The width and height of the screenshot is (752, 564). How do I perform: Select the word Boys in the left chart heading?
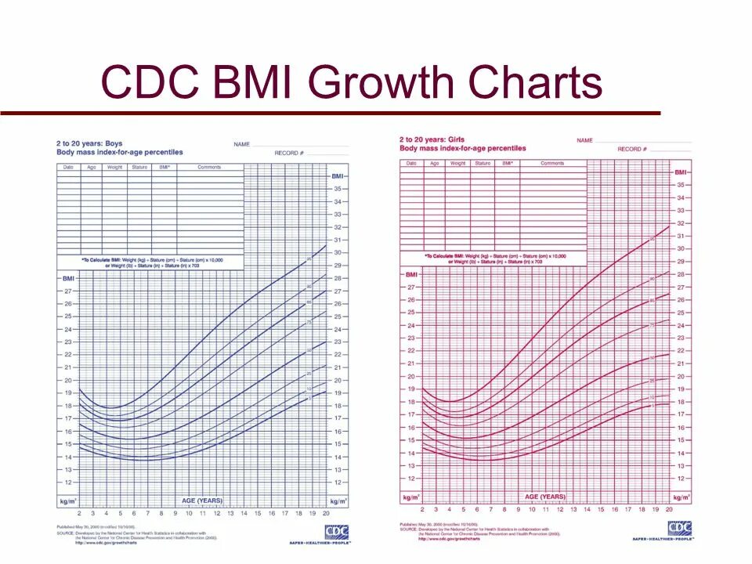[x=114, y=143]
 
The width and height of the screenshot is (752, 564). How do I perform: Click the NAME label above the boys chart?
[x=241, y=144]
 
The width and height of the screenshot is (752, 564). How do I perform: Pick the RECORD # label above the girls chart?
[x=632, y=149]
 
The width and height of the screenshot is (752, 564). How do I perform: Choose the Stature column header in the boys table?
[x=139, y=167]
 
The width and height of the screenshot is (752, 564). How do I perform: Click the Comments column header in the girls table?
[x=552, y=163]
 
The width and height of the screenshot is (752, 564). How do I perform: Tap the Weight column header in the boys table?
[x=115, y=167]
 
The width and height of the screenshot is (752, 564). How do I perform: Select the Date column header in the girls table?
[x=411, y=163]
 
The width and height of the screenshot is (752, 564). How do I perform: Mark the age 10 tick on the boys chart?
[x=189, y=513]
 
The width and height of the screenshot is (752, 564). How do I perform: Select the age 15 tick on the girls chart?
[x=601, y=509]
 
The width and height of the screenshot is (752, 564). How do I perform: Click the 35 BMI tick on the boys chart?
[x=338, y=189]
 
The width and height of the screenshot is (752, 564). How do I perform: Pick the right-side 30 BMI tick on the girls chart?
[x=681, y=248]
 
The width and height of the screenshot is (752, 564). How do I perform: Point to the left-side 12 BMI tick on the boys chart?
[x=68, y=483]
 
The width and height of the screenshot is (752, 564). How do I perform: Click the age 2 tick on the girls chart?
[x=422, y=509]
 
